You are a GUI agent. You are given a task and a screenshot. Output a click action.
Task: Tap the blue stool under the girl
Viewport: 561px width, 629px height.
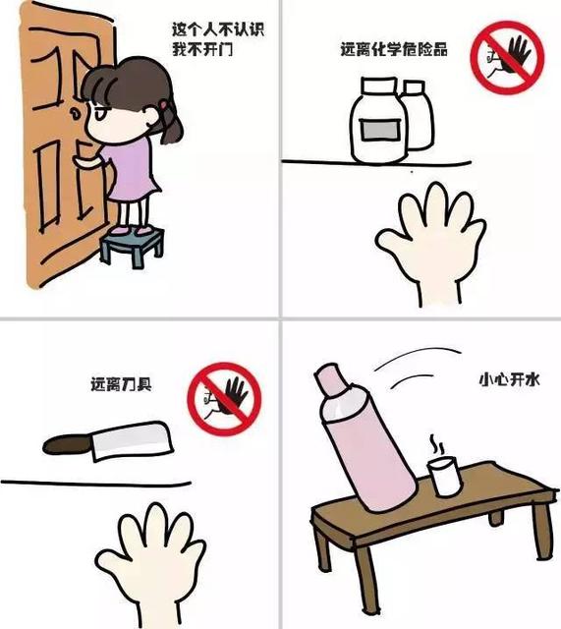(x=132, y=242)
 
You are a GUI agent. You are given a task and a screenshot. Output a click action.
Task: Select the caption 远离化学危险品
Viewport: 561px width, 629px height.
(x=393, y=48)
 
